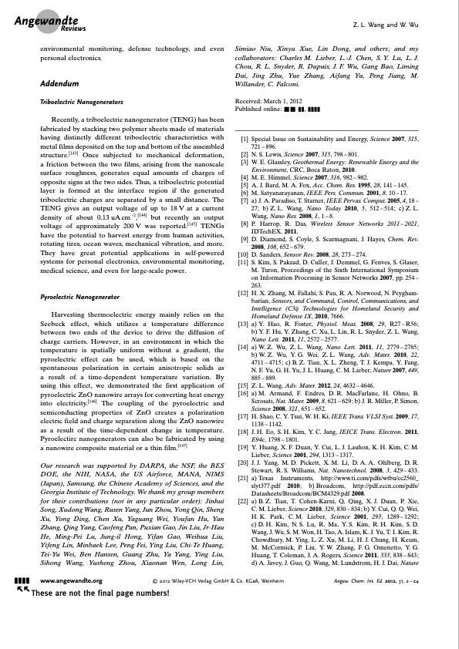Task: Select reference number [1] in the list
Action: (x=244, y=138)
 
